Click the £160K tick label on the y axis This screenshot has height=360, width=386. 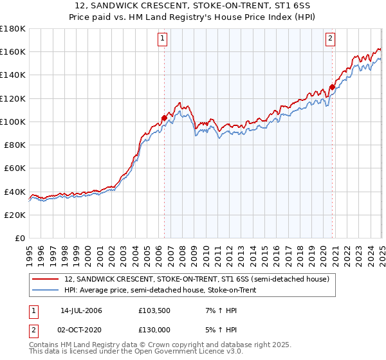(13, 51)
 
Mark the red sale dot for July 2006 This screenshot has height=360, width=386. (164, 118)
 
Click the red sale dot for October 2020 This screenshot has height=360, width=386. (332, 87)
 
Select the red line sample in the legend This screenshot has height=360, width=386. (46, 279)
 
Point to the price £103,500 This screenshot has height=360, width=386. (153, 310)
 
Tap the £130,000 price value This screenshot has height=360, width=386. (153, 330)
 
